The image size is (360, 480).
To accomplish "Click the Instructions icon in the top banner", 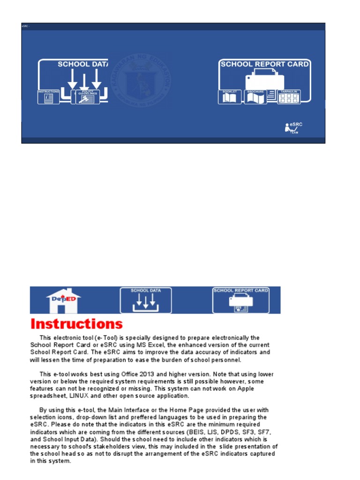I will click(x=48, y=97).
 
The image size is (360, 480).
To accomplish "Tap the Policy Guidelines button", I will click(x=88, y=97).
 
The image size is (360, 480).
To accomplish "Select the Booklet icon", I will click(x=230, y=97).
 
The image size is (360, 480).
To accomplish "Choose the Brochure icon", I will click(x=255, y=97).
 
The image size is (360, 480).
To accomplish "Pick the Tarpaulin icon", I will click(x=289, y=97).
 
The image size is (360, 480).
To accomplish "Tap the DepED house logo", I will click(x=63, y=300).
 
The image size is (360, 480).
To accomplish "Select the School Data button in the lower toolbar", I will click(x=146, y=300).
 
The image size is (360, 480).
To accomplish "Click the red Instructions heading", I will click(x=76, y=324).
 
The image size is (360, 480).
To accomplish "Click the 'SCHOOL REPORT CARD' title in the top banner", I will click(x=264, y=64).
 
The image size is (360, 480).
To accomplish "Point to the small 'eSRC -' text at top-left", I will click(x=26, y=26).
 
